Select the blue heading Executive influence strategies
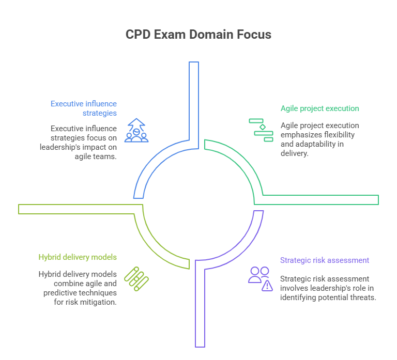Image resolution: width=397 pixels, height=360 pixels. tap(84, 108)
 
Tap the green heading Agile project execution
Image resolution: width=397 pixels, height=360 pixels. tap(319, 108)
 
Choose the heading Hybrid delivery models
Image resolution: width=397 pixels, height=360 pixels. tap(78, 257)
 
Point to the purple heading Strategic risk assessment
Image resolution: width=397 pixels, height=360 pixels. tap(325, 260)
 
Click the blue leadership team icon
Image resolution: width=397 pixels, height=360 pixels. tap(136, 131)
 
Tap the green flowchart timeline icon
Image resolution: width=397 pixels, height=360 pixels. tap(261, 130)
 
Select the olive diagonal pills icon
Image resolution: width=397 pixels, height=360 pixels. tap(136, 279)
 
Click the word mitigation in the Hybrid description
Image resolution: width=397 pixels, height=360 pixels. tap(98, 302)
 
